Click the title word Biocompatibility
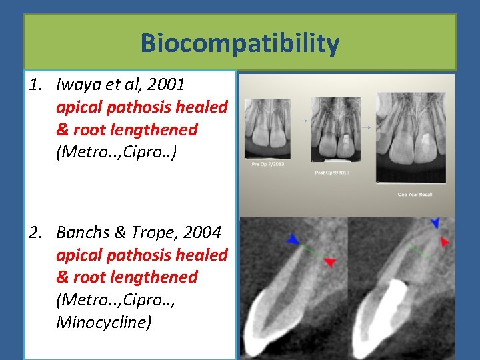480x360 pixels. [240, 44]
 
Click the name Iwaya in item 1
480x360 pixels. [76, 85]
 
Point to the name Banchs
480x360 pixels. [83, 233]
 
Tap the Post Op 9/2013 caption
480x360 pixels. [332, 173]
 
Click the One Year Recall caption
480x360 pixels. [415, 194]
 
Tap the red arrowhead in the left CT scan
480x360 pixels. [329, 262]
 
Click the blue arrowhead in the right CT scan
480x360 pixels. [435, 222]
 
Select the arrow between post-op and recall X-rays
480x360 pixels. [367, 127]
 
